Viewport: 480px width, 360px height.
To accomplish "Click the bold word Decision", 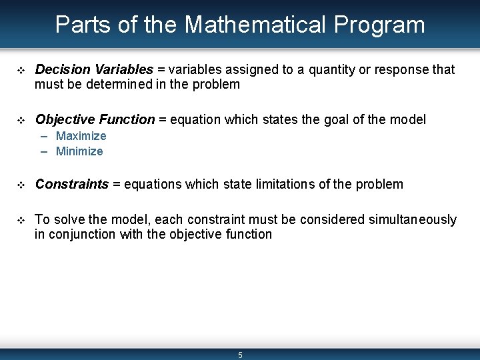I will [62, 70].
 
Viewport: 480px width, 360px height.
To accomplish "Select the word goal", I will [340, 120].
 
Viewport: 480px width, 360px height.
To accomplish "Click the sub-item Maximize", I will [81, 136].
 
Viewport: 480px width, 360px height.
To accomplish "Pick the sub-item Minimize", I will [79, 151].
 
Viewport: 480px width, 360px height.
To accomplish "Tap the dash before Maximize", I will [44, 136].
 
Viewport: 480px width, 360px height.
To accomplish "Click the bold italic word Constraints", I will [71, 185].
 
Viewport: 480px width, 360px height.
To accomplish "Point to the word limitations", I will [276, 185].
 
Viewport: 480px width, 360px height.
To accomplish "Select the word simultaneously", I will [412, 219].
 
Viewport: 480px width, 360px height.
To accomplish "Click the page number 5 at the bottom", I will [240, 355].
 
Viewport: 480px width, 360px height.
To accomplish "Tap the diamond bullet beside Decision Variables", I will [19, 70].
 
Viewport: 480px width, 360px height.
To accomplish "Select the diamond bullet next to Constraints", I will [19, 185].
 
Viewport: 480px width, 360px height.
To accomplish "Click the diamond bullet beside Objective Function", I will [19, 120].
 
